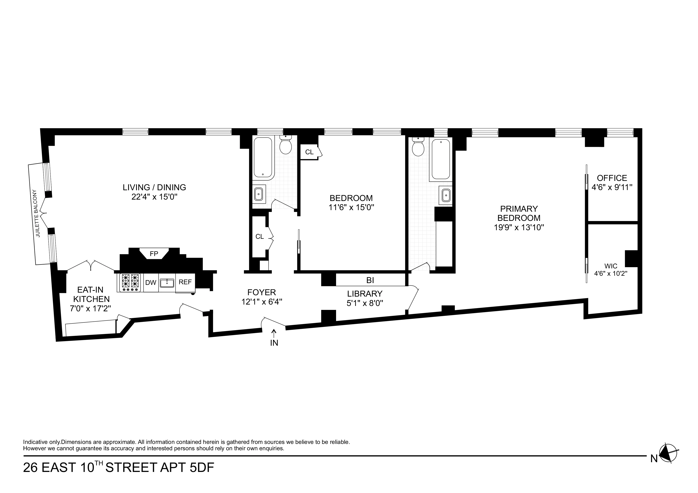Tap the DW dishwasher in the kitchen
(x=151, y=282)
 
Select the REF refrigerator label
(x=185, y=282)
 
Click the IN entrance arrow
(x=274, y=334)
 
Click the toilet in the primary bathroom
(x=418, y=147)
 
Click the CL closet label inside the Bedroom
(x=309, y=152)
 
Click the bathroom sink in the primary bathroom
(x=446, y=195)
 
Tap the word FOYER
(x=261, y=292)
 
